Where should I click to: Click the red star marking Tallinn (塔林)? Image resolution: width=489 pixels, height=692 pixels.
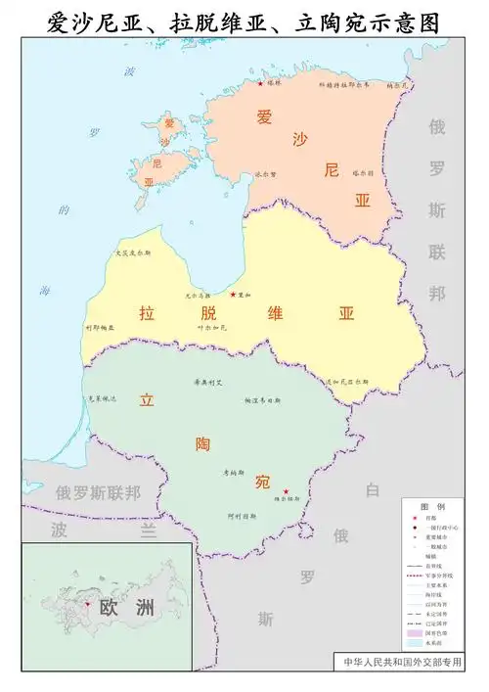(260, 83)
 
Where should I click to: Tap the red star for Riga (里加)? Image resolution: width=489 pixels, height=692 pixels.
(233, 294)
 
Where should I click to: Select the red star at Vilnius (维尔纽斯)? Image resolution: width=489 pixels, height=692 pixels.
(286, 491)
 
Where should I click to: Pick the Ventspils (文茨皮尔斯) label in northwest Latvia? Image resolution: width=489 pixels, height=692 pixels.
(134, 253)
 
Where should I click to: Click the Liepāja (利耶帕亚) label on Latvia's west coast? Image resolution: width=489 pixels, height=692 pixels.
(100, 327)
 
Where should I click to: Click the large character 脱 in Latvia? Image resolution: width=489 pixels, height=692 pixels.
(206, 314)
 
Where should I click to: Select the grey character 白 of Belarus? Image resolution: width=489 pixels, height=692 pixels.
(372, 489)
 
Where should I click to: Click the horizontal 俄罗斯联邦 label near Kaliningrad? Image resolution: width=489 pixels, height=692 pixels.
(98, 492)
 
